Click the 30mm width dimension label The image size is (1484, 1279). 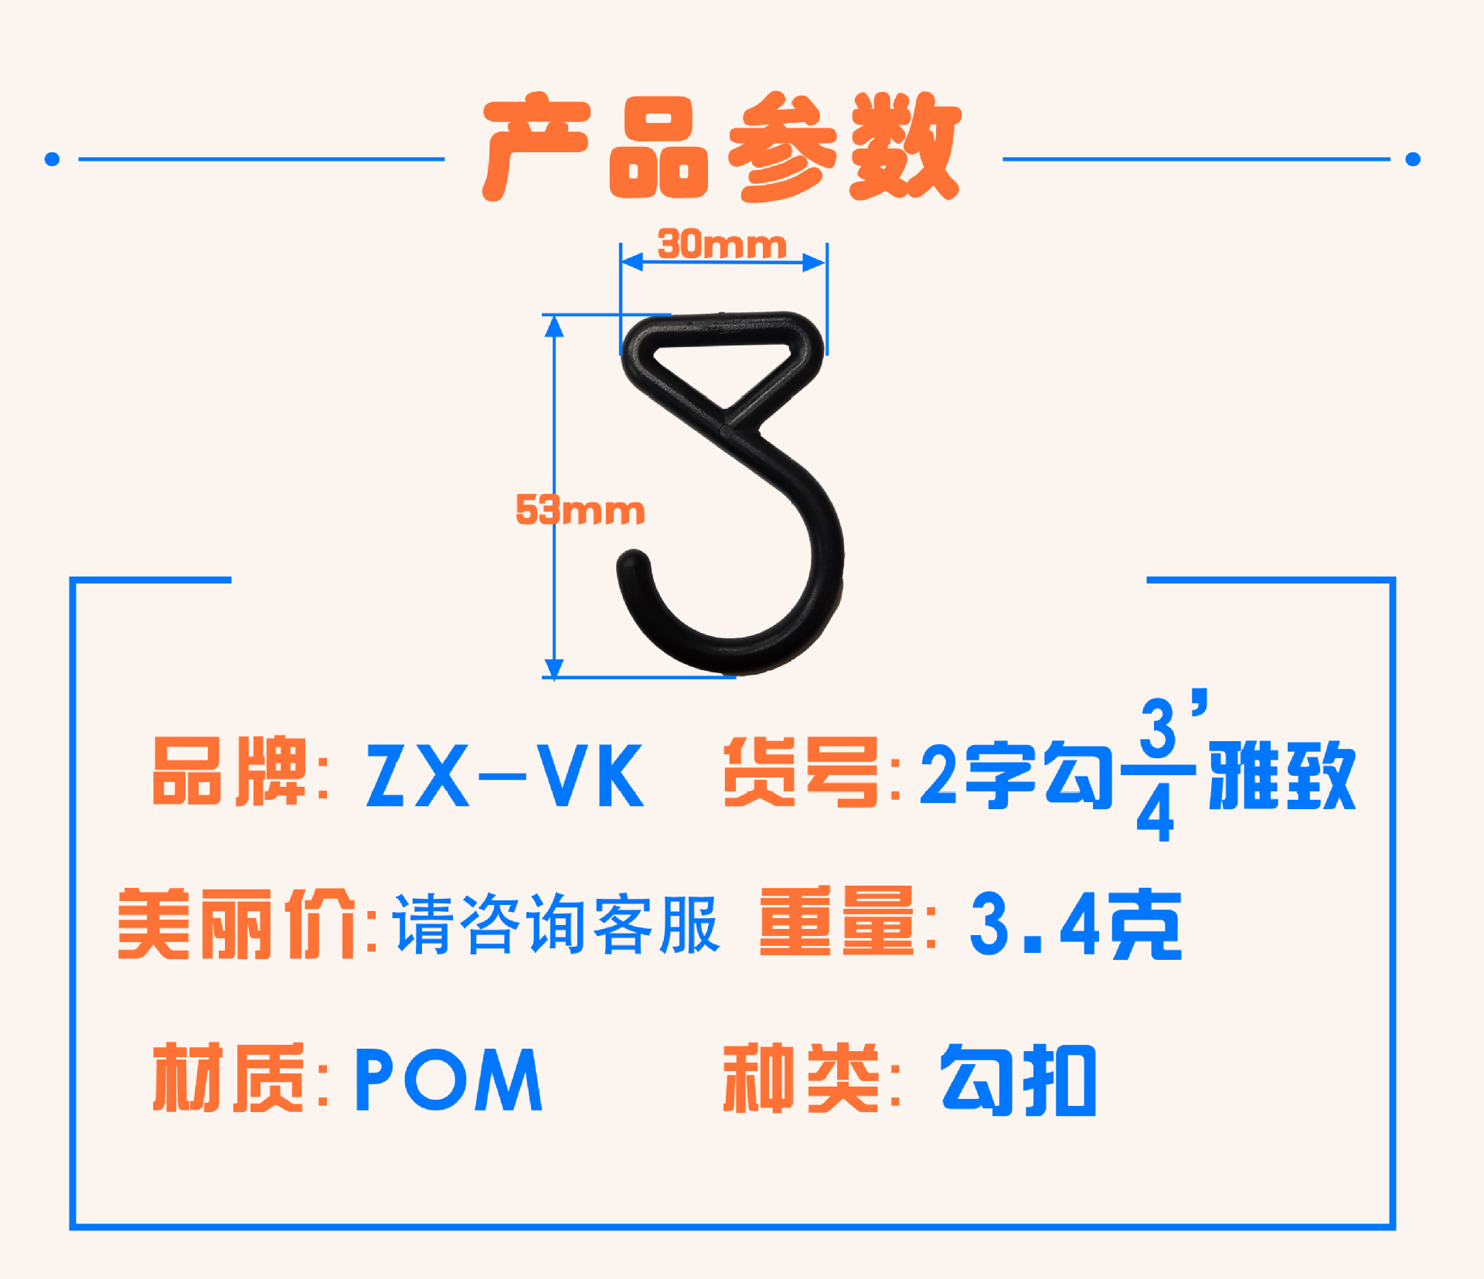[722, 244]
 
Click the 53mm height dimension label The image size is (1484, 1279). [580, 510]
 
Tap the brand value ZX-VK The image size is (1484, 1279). [505, 775]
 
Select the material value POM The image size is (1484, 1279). [448, 1080]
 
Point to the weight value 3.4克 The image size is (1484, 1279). [1075, 924]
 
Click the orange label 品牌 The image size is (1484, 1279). [230, 770]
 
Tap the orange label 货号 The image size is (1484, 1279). [801, 770]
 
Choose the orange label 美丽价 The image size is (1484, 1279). [237, 924]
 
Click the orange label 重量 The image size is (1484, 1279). [837, 920]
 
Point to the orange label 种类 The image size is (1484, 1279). [801, 1077]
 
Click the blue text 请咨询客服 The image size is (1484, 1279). [556, 924]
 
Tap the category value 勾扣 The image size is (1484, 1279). [1018, 1080]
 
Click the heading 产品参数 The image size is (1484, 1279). [722, 147]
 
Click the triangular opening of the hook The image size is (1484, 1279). [723, 363]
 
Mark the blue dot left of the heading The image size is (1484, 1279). [52, 159]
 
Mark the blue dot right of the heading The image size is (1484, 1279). [1413, 159]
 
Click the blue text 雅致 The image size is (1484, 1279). [1282, 775]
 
